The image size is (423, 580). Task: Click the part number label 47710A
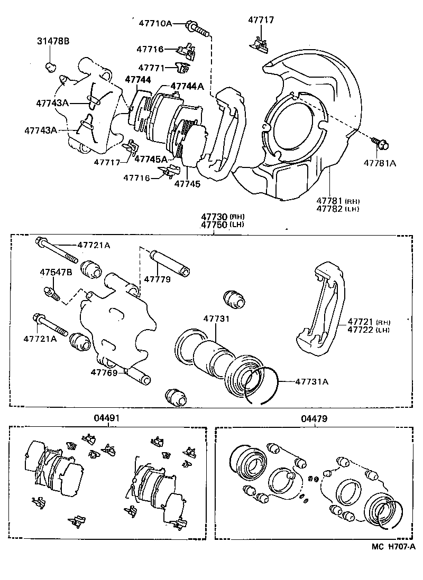155,23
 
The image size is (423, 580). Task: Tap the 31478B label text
52,41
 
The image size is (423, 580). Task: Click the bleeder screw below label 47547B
52,292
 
